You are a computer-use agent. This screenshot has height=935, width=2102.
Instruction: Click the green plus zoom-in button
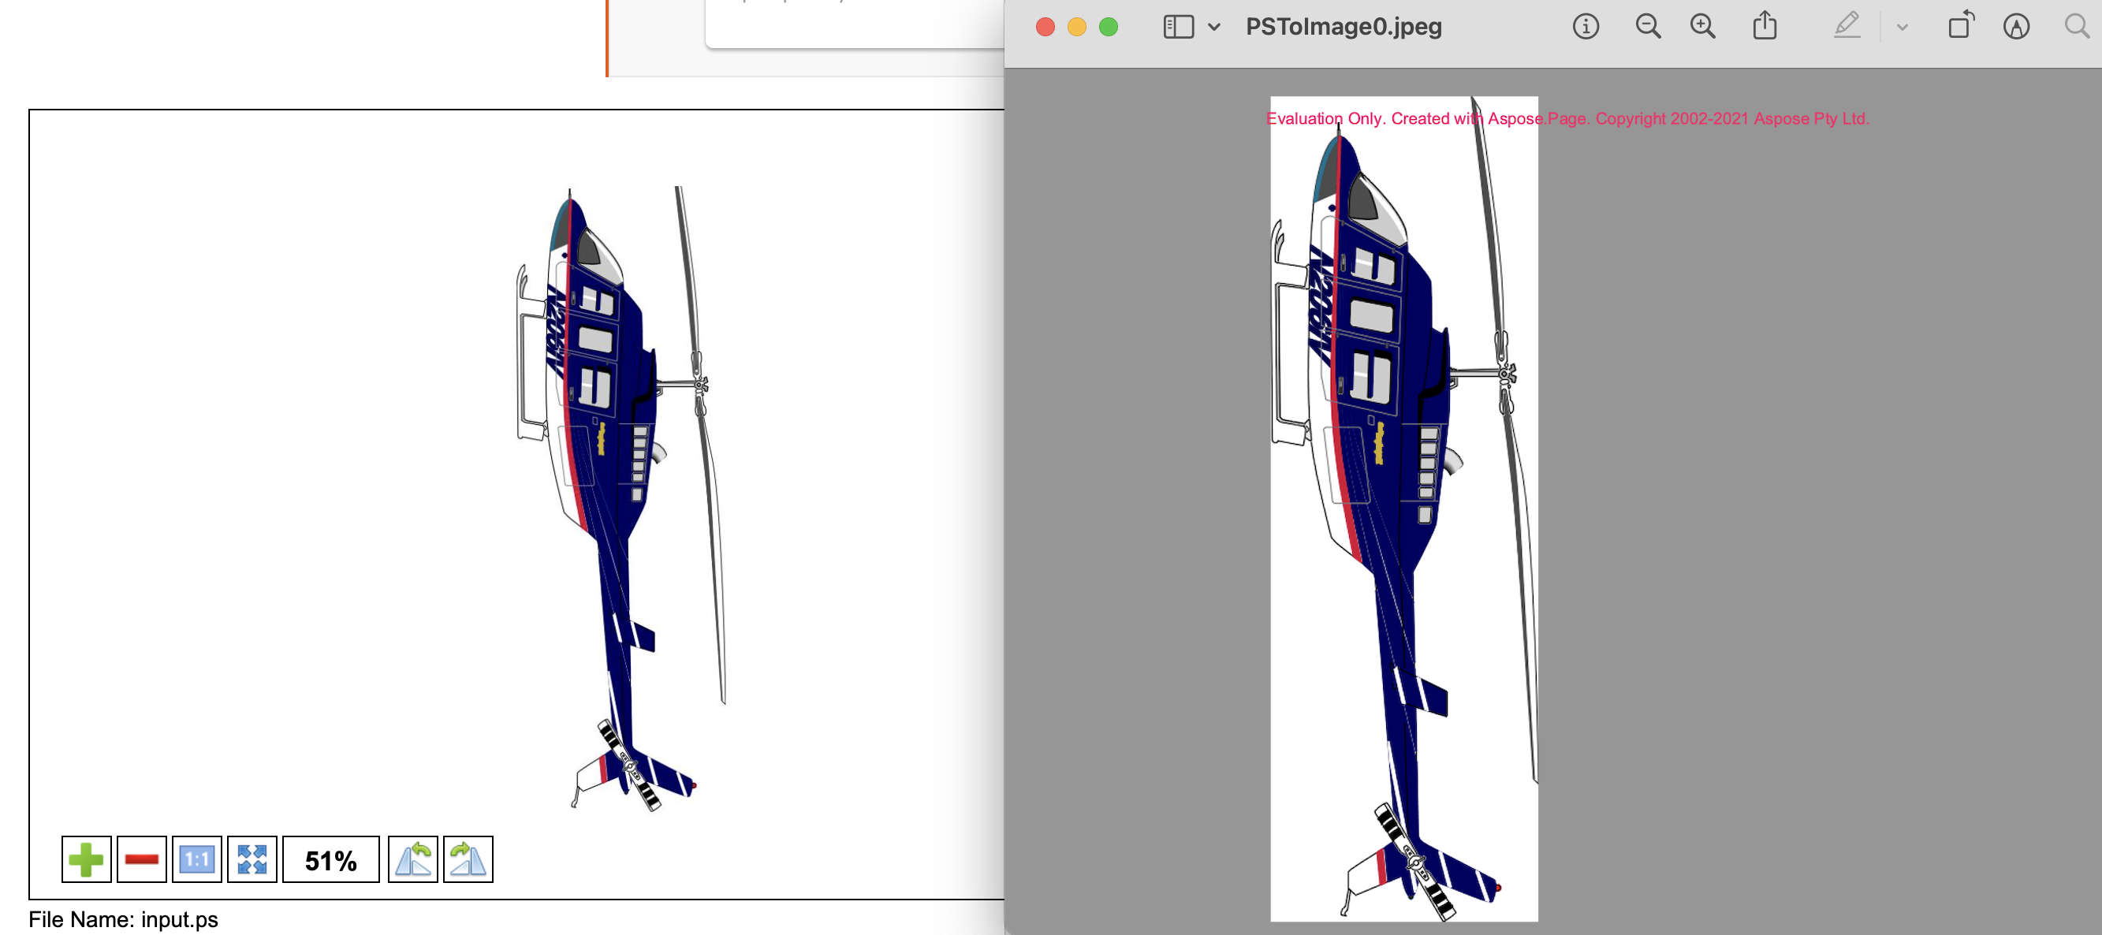pos(86,859)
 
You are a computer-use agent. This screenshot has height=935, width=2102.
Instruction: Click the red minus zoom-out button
pos(141,859)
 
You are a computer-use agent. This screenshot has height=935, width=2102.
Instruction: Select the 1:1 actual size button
pos(196,859)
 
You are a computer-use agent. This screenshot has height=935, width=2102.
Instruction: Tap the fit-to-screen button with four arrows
pos(252,859)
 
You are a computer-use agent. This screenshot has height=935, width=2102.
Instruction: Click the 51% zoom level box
pos(330,860)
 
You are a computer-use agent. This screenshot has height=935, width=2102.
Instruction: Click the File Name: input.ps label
pos(123,919)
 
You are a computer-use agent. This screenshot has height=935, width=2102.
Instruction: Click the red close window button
pos(1045,27)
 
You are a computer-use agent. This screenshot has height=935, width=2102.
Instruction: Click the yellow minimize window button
pos(1076,27)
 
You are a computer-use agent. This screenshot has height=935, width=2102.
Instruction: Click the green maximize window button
pos(1108,27)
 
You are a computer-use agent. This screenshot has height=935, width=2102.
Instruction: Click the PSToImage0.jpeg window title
pos(1344,27)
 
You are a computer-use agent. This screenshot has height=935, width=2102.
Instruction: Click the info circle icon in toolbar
pos(1586,27)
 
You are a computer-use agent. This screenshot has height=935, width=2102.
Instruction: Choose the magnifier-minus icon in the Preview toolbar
pos(1648,27)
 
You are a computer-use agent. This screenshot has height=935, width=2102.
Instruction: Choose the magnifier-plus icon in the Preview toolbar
pos(1702,27)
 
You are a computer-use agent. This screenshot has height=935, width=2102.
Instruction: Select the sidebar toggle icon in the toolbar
pos(1178,27)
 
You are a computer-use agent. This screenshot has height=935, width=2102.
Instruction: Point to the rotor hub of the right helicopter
pos(1505,374)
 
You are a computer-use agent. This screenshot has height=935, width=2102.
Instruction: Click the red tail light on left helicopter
pos(694,786)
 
